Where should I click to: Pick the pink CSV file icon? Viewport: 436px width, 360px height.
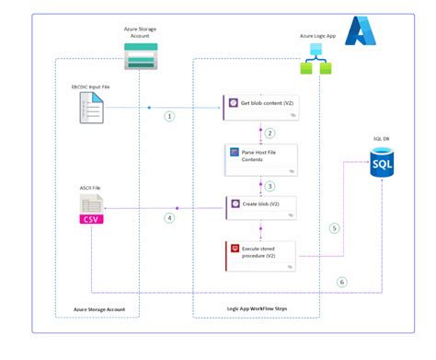[94, 214]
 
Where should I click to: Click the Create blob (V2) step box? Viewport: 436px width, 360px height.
[261, 207]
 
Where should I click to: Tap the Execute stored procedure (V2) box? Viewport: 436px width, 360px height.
[261, 254]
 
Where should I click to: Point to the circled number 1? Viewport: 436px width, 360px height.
[169, 117]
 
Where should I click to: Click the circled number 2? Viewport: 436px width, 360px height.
[270, 134]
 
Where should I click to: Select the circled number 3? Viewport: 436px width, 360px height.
[270, 185]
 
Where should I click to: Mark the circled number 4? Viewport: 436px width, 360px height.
[169, 218]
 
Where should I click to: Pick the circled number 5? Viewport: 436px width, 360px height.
[334, 228]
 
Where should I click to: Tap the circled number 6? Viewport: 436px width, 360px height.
[342, 282]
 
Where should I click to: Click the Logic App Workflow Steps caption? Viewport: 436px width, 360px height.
[259, 309]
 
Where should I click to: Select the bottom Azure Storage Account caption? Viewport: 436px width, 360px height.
[98, 309]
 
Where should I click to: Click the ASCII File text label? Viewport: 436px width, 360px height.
[91, 187]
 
